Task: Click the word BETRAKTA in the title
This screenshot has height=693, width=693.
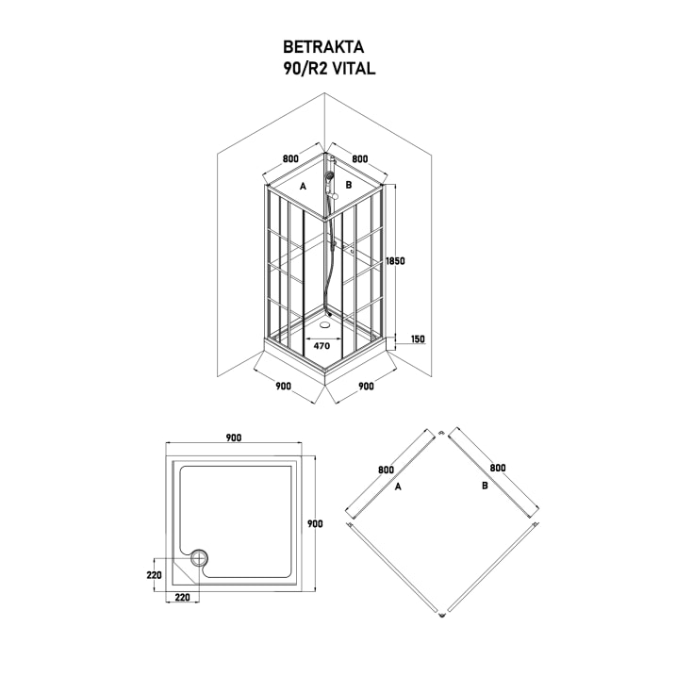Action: [x=323, y=45]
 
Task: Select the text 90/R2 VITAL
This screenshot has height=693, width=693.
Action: [x=323, y=67]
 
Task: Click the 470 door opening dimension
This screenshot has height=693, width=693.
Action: [x=322, y=346]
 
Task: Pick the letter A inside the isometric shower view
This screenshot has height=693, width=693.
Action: [x=303, y=187]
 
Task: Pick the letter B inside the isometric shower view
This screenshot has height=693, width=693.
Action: [x=348, y=186]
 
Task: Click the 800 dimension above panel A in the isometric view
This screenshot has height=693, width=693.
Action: [x=289, y=159]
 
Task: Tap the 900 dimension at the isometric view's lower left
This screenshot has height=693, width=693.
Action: [x=283, y=386]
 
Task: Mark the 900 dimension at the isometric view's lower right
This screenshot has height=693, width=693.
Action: [x=366, y=386]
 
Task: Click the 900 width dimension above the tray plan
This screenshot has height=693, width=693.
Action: [x=235, y=437]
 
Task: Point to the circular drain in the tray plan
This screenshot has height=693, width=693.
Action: [x=198, y=558]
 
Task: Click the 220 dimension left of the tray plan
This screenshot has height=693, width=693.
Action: [x=155, y=573]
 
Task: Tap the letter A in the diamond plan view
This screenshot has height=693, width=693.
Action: [x=397, y=487]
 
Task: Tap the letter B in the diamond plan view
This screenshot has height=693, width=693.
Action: [x=484, y=487]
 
